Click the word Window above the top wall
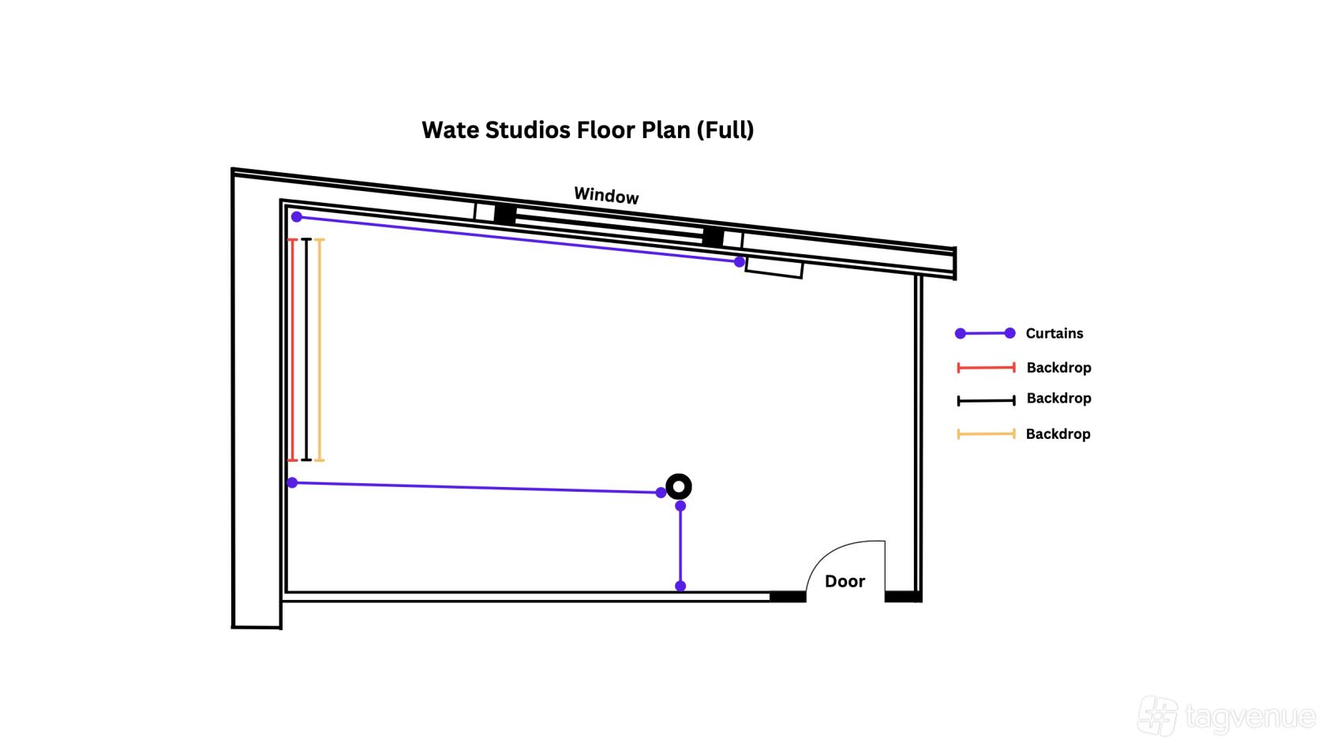click(606, 196)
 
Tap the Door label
click(845, 581)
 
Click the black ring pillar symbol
click(679, 486)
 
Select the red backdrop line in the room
click(292, 349)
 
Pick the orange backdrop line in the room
click(319, 349)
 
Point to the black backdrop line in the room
click(306, 349)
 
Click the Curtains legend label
click(1054, 333)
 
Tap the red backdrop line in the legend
click(986, 368)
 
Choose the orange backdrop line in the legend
click(986, 434)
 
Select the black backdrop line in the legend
click(986, 401)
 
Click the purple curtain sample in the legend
click(985, 333)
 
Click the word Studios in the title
click(528, 130)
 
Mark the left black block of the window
click(505, 214)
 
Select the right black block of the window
click(713, 237)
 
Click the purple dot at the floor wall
click(680, 586)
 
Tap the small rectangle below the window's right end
click(773, 268)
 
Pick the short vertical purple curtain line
click(680, 546)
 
